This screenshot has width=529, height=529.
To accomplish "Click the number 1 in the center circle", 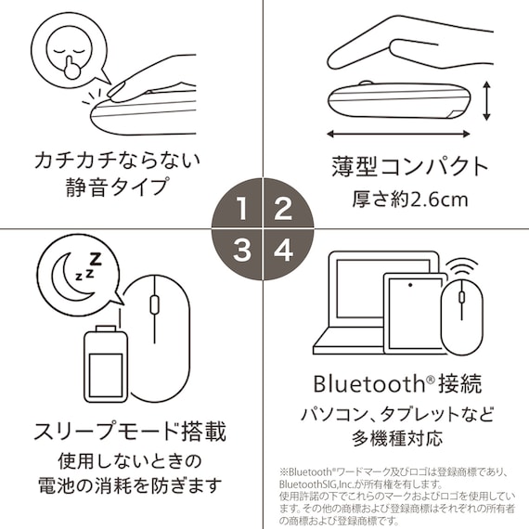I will coord(242,208).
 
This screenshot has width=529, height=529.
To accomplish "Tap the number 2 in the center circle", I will coord(283,208).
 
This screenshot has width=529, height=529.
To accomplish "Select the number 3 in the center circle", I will coord(242,249).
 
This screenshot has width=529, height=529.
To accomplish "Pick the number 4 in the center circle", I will coord(283,249).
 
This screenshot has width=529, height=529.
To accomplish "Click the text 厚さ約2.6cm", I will coord(409,199).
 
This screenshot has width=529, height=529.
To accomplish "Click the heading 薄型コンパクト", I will coord(409,167).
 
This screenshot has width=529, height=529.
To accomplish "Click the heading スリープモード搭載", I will coord(130,432).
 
